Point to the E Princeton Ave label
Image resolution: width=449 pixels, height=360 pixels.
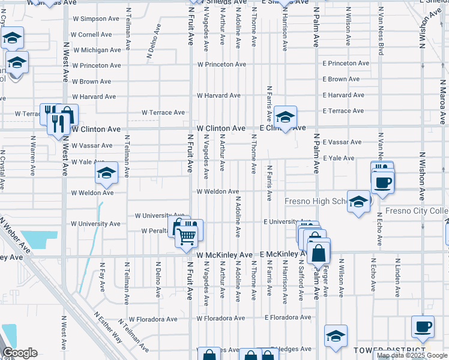click(345, 64)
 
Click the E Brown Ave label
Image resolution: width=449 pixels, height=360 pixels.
click(342, 79)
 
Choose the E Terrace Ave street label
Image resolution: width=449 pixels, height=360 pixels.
click(343, 111)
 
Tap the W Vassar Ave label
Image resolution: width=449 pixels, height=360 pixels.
click(92, 146)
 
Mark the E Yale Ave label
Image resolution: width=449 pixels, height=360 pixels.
click(339, 158)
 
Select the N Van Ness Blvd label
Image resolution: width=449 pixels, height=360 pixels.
click(381, 35)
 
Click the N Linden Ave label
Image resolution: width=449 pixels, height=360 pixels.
click(397, 278)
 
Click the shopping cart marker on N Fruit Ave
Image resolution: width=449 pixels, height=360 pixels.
click(187, 236)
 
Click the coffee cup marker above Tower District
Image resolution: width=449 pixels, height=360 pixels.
click(423, 327)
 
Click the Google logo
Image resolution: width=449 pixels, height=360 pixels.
click(20, 353)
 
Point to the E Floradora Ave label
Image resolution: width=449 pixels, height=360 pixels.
click(288, 317)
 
